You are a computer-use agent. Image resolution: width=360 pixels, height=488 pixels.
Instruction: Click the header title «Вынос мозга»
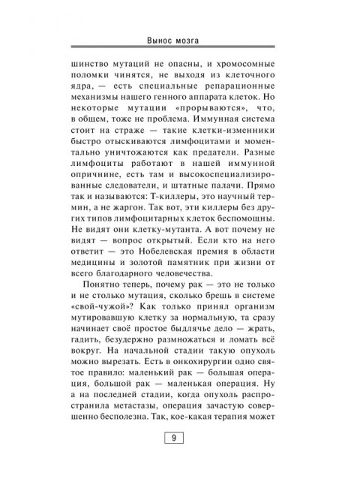point(180,39)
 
